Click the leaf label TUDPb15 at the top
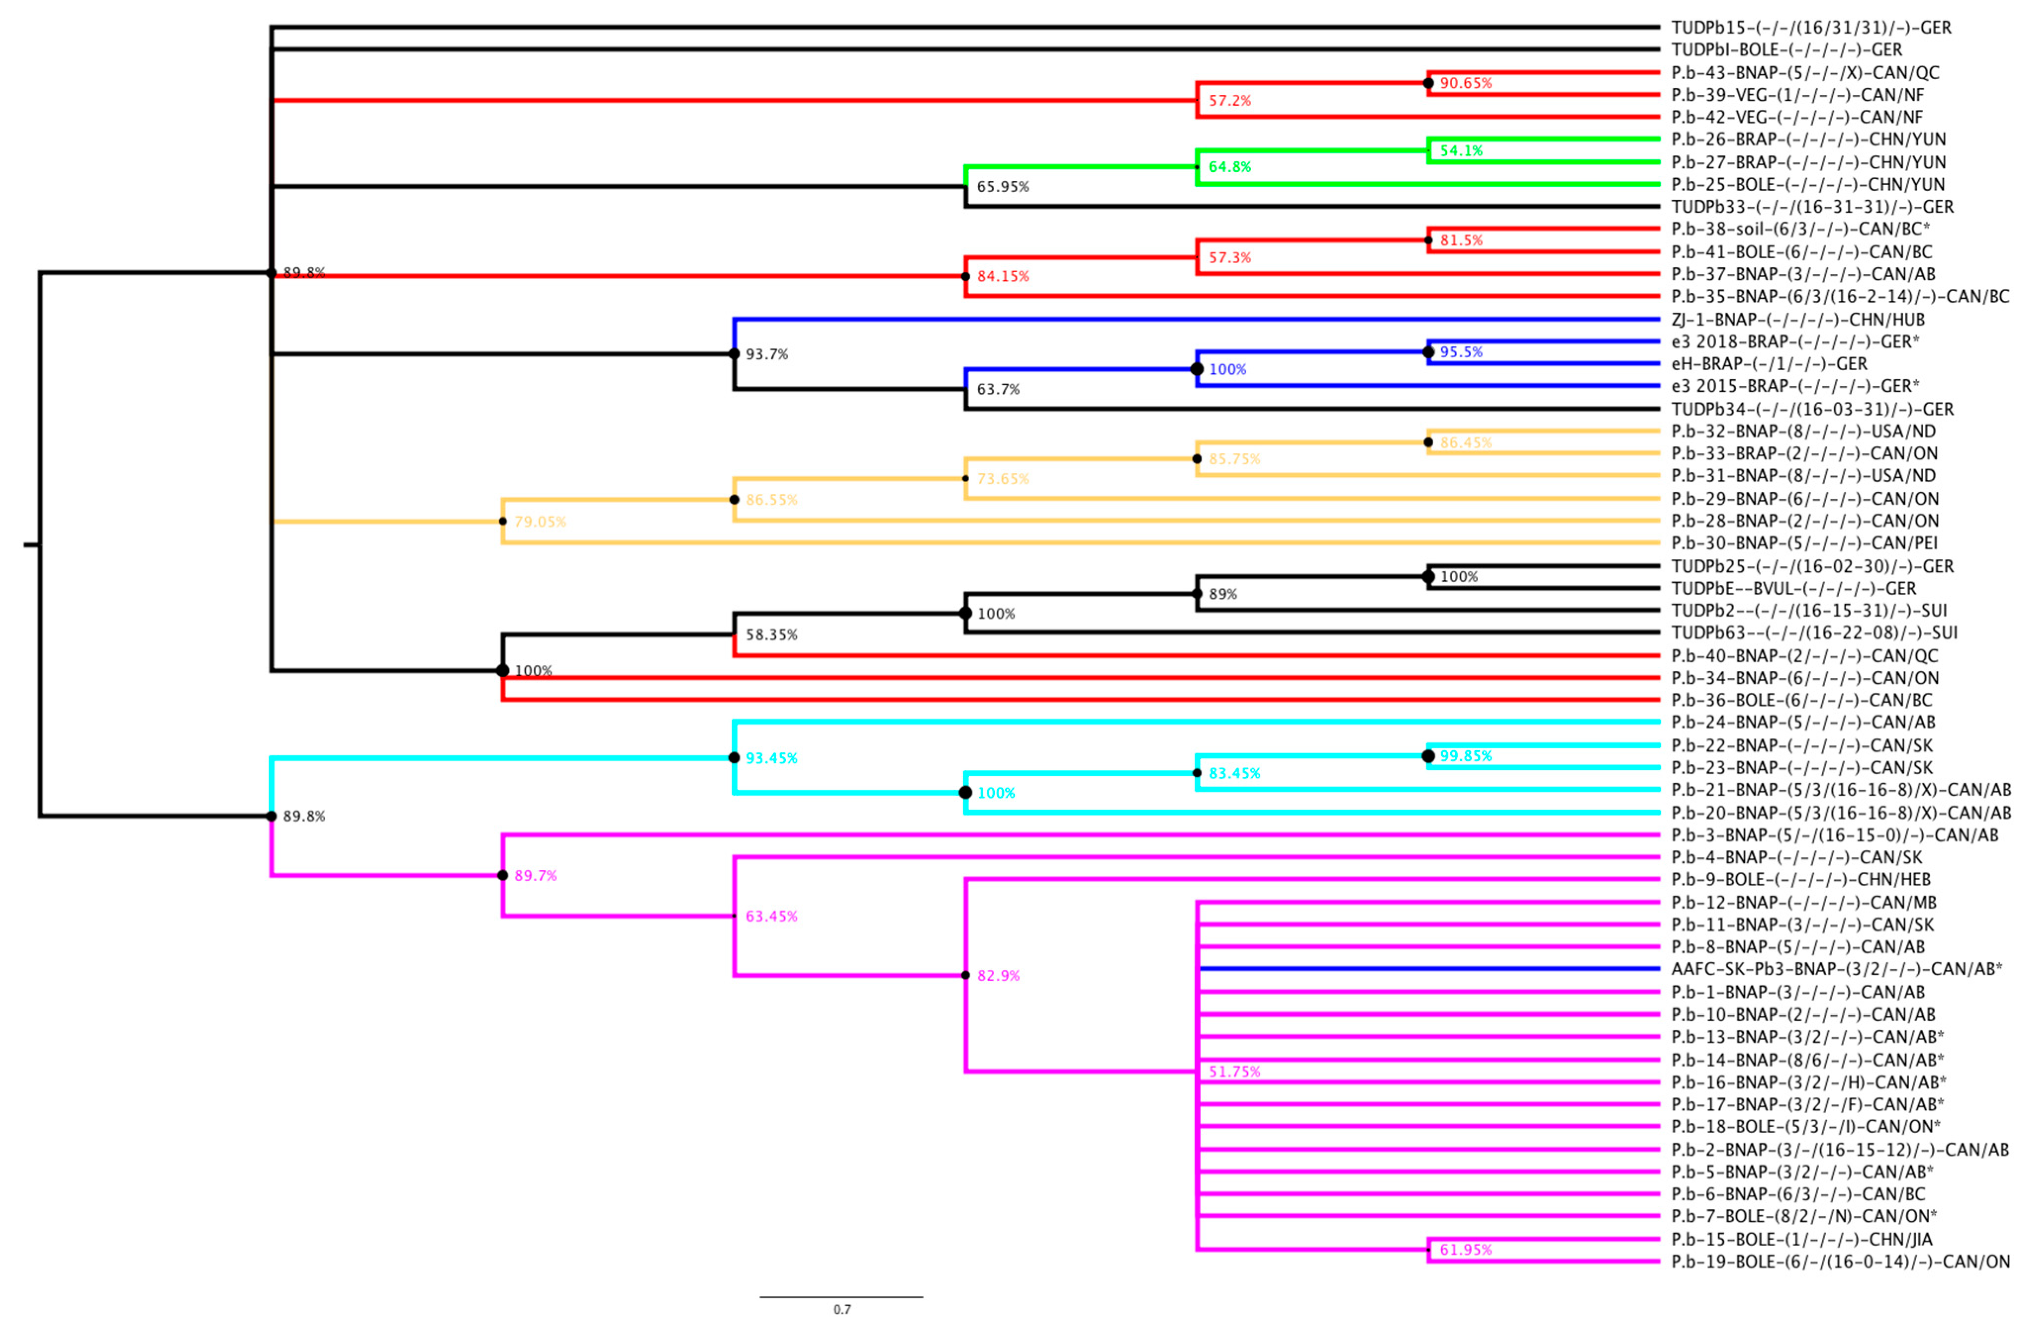tap(1811, 27)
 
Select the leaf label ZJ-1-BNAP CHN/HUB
tap(1797, 319)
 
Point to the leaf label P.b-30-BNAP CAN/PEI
tap(1804, 542)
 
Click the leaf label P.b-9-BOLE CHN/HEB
tap(1800, 879)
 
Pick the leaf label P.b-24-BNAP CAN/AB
tap(1803, 722)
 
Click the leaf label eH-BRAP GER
tap(1769, 364)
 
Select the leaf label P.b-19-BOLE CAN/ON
tap(1839, 1261)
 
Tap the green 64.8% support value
tap(1230, 167)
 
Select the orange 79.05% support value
tap(540, 521)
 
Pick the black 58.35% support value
tap(771, 634)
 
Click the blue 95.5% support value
tap(1461, 352)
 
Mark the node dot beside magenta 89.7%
tap(503, 875)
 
